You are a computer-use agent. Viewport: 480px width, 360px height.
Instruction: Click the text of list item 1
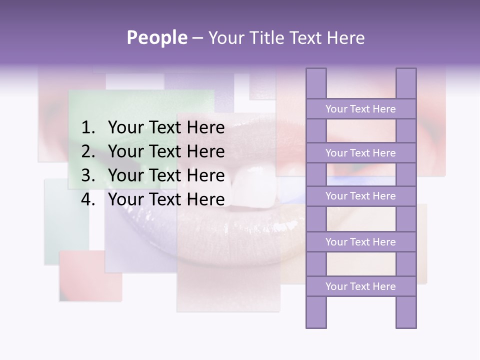[x=166, y=128]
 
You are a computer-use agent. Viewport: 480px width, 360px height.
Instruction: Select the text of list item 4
[x=166, y=199]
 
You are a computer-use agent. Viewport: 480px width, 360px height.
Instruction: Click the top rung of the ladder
[x=360, y=109]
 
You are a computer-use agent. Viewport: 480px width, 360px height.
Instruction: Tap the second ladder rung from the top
[x=360, y=153]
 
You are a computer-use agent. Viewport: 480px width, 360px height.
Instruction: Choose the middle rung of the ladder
[x=360, y=196]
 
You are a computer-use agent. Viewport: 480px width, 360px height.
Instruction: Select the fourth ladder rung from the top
[x=360, y=242]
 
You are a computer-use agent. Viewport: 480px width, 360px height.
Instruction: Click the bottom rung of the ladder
[x=360, y=286]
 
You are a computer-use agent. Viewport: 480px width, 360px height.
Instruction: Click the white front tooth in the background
[x=255, y=188]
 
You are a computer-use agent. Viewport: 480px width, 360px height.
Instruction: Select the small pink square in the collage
[x=90, y=275]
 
